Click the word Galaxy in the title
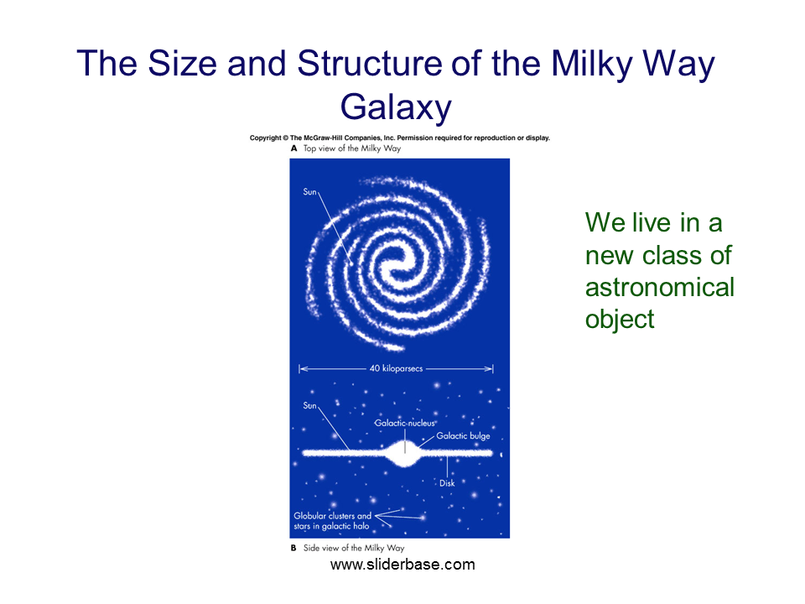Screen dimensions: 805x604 coord(396,107)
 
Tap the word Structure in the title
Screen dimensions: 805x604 coord(370,63)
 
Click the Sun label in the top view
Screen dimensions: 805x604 coord(309,191)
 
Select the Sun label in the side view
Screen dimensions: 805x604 coord(309,405)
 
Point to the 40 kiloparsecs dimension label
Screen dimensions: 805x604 coord(396,368)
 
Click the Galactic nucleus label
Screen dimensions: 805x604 coord(404,423)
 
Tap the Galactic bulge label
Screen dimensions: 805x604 coord(463,435)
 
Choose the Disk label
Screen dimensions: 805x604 coord(447,483)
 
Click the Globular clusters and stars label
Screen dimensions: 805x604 coord(332,521)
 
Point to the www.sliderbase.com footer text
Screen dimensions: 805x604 coord(402,565)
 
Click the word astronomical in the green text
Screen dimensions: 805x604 coord(660,287)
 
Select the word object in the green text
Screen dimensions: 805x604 coord(620,320)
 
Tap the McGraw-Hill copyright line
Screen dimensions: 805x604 coord(399,138)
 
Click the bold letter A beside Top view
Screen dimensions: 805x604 coord(293,148)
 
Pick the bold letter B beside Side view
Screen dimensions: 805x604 coord(293,548)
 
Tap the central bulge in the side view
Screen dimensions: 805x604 coord(405,453)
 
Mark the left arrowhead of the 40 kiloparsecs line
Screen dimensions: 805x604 coord(302,368)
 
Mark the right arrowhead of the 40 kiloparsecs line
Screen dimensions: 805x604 coord(490,368)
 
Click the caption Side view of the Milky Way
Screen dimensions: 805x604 coord(354,548)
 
